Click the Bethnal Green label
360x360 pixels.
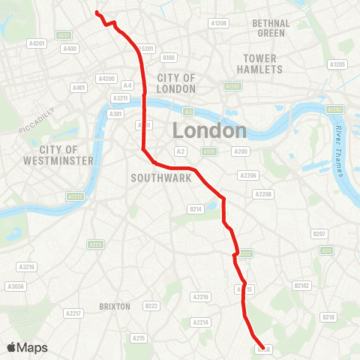point(271,28)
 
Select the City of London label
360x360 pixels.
point(176,82)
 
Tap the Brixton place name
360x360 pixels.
point(115,307)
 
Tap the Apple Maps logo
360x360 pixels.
point(27,347)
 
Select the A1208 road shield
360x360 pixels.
point(219,23)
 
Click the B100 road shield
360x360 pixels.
point(169,58)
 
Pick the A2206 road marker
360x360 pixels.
point(247,175)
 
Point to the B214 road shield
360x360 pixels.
point(196,209)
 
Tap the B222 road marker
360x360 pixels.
point(152,305)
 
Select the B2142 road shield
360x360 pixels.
point(302,286)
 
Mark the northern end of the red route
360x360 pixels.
point(97,12)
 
